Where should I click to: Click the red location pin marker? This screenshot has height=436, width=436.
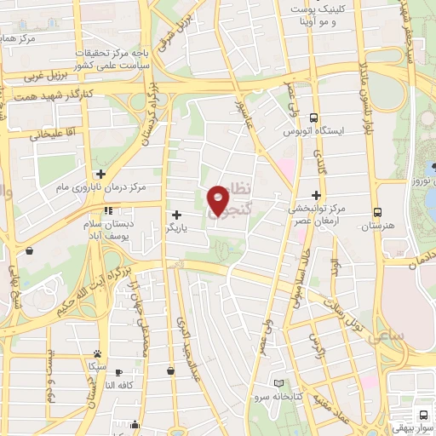tap(219, 200)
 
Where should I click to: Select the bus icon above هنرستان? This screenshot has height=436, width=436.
tap(377, 212)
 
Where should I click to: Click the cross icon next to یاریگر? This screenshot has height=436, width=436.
tap(176, 215)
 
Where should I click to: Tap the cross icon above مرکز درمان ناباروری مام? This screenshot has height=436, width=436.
tap(100, 173)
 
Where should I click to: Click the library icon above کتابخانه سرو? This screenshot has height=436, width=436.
tap(279, 384)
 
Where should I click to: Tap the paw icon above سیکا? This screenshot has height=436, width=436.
tap(98, 353)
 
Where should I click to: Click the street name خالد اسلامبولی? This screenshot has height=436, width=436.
tap(297, 278)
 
